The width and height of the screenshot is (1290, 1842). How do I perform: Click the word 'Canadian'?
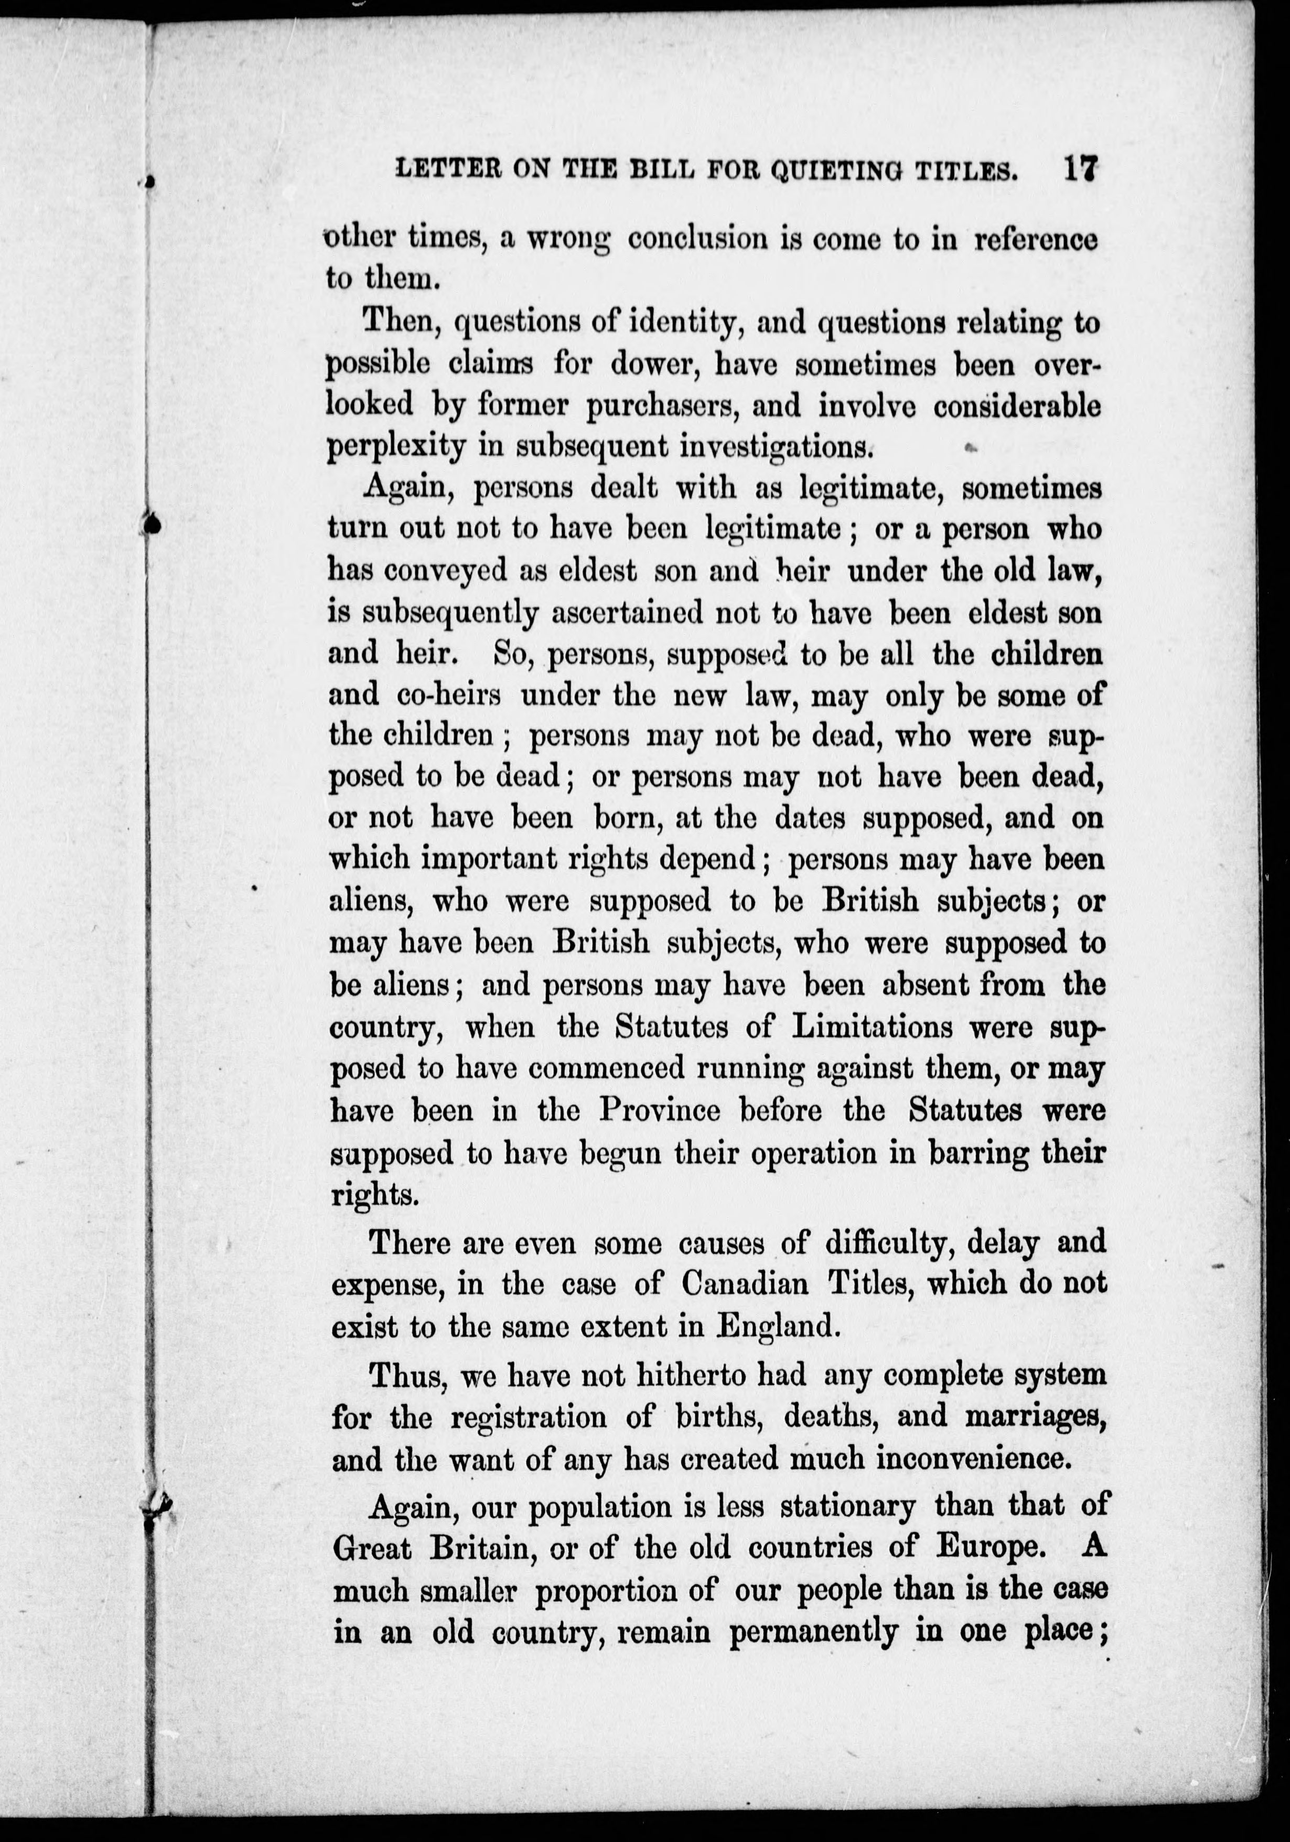[745, 1283]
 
